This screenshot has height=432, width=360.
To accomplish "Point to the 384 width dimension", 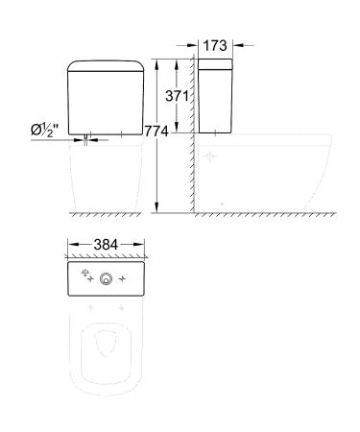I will [107, 245].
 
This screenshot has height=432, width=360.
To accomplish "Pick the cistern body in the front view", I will [108, 106].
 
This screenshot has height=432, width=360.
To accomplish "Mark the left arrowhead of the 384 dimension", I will [71, 245].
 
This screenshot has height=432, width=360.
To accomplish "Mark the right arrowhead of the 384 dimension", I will [144, 245].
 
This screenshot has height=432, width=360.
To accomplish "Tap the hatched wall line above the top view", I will [108, 257].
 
